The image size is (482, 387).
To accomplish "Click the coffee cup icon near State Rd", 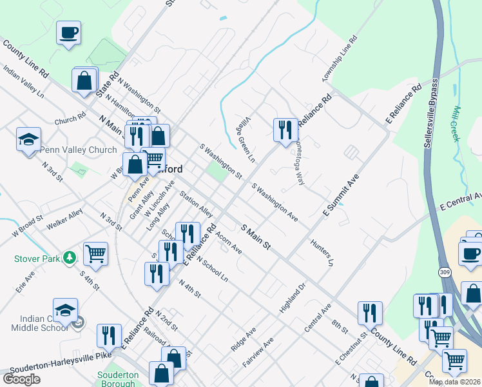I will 68,32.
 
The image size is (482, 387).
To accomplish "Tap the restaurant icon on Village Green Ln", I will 285,130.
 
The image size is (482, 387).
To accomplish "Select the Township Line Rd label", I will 340,59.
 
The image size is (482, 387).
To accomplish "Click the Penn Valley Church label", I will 79,150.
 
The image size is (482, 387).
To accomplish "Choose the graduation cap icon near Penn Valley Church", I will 28,139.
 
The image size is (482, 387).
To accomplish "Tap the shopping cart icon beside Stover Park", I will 95,253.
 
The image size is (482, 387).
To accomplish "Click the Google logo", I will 21,379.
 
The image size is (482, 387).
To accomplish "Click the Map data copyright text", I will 454,382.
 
